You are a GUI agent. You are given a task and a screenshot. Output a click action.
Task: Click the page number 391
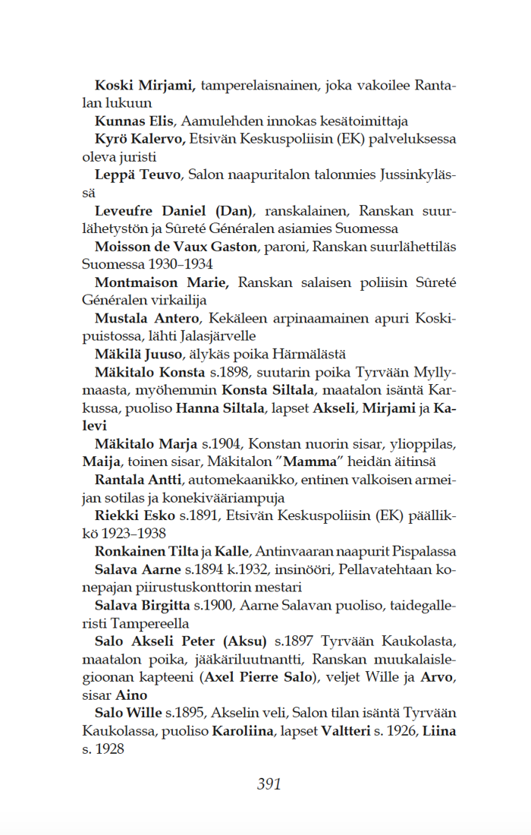[269, 783]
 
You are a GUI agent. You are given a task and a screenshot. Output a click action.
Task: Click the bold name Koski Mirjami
[145, 85]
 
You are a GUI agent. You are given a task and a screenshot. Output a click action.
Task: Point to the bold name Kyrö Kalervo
[140, 139]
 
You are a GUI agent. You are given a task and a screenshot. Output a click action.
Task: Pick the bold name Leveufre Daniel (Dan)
[174, 210]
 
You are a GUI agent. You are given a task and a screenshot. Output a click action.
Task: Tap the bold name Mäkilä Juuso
[139, 354]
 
